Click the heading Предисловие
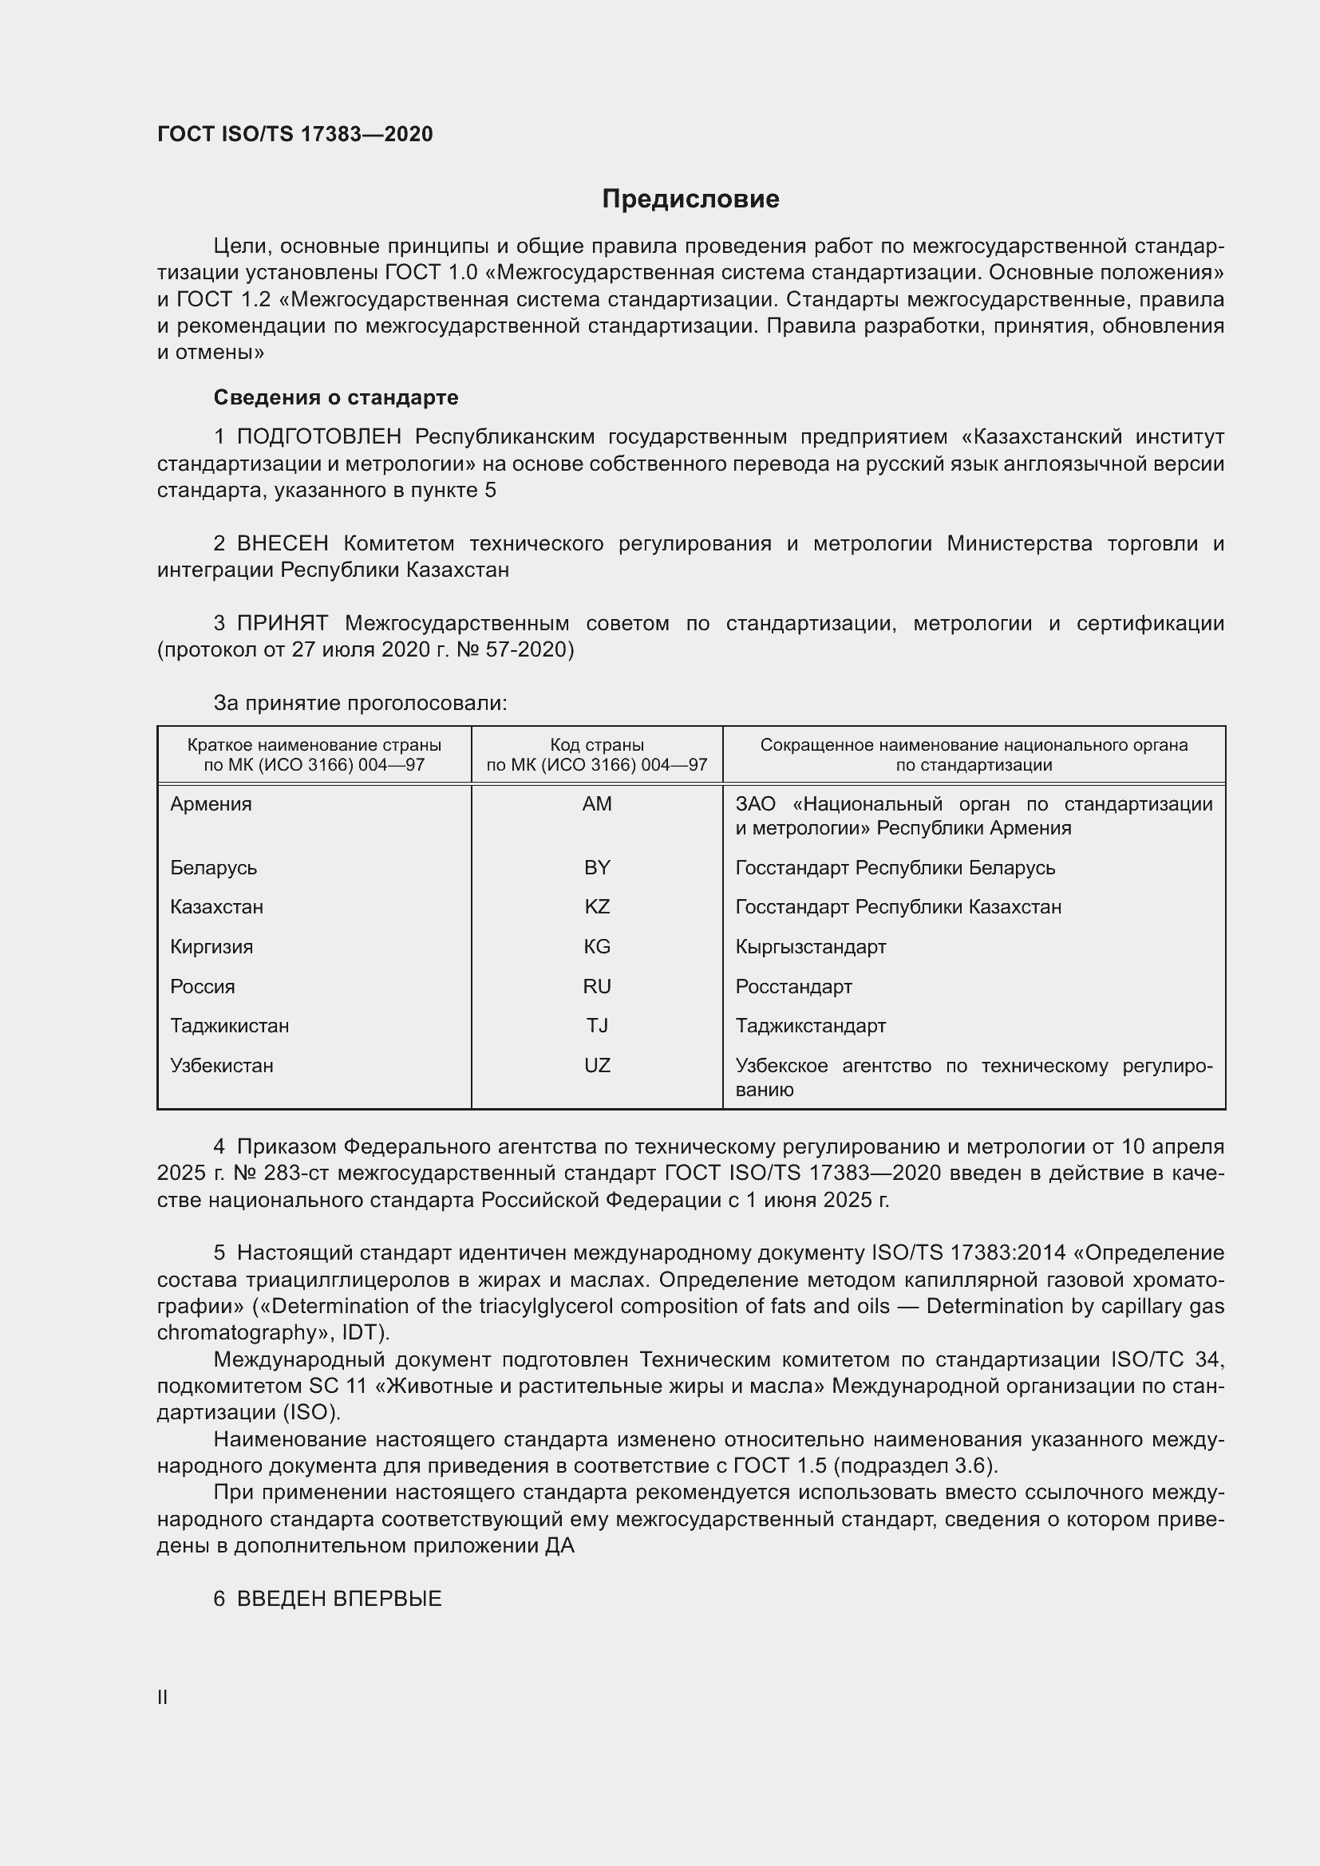click(690, 199)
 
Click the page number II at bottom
click(163, 1697)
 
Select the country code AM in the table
click(597, 804)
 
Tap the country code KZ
click(597, 907)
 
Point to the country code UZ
click(597, 1066)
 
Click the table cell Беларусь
click(213, 868)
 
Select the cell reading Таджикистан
click(229, 1026)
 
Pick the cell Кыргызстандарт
click(810, 947)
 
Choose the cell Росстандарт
click(793, 987)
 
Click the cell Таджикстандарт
click(810, 1026)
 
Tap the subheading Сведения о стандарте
click(336, 397)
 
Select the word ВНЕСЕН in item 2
click(282, 544)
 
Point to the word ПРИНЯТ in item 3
click(282, 623)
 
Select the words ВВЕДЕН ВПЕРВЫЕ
click(339, 1599)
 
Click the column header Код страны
click(597, 744)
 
